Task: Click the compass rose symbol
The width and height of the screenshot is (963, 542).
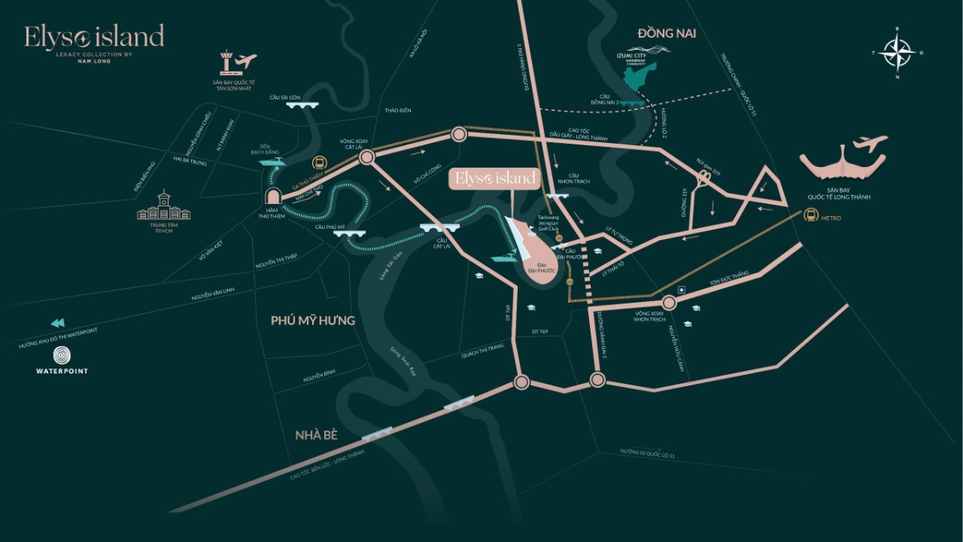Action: tap(897, 52)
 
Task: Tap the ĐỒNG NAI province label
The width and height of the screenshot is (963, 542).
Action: tap(666, 33)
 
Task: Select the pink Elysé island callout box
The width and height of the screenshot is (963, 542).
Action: tap(494, 179)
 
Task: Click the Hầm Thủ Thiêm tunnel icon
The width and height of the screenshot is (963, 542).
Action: tap(272, 197)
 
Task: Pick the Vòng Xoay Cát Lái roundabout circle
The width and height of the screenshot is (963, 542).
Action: tap(367, 158)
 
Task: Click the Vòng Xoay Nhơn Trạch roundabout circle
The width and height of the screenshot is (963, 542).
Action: tap(670, 303)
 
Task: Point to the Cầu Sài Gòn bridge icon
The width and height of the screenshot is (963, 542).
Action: tap(303, 104)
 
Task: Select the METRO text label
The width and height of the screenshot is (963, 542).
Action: tap(831, 218)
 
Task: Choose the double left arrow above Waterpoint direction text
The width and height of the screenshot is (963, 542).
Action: tap(57, 323)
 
